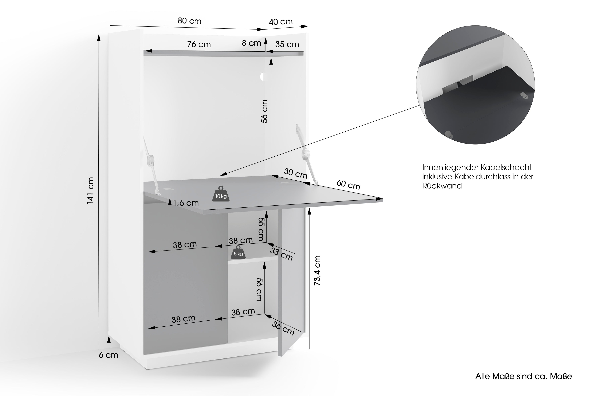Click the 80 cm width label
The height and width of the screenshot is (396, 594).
189,21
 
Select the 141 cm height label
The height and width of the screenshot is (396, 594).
90,191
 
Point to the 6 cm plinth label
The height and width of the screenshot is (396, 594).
108,355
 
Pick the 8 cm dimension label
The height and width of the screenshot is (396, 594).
251,43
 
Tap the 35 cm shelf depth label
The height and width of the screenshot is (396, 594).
287,44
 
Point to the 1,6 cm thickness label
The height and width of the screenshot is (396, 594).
186,203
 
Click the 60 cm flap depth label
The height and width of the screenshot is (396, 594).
348,185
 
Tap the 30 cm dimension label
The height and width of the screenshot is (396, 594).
295,174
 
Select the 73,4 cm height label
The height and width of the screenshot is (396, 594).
317,270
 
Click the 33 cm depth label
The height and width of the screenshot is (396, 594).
281,254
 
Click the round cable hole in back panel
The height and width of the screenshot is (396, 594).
262,76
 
